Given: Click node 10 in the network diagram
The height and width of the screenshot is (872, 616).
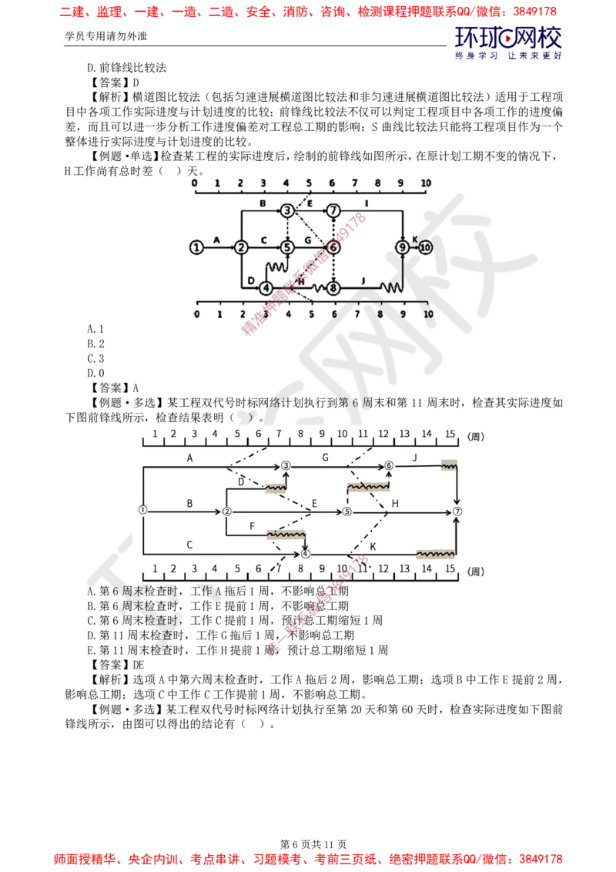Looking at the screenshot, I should [426, 247].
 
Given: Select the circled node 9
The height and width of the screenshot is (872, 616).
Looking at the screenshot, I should [402, 247].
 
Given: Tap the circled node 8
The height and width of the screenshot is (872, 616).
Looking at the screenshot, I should [333, 288].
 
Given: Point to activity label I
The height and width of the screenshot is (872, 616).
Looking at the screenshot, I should [367, 203].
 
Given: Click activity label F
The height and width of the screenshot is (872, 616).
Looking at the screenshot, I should [252, 526].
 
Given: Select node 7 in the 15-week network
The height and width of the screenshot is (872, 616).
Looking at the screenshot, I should [457, 511].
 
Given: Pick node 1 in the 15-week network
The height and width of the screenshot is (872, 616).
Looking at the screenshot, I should [142, 510].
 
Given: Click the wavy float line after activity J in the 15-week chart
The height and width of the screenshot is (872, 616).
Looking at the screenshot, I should [449, 465].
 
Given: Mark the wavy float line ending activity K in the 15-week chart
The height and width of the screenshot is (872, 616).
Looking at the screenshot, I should [436, 554].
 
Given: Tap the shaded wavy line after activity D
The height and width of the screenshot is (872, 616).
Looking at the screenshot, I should [275, 488].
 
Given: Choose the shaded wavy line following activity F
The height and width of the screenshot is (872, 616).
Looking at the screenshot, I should [286, 534].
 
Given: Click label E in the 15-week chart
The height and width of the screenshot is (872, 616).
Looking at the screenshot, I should [314, 505].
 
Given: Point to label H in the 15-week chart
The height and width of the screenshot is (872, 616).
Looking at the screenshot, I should [395, 503].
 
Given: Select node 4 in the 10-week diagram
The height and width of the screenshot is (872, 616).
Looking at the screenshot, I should [266, 288].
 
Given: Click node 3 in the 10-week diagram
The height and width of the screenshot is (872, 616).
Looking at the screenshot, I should [287, 210].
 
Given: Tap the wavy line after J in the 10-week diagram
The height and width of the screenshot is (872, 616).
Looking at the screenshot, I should [393, 288].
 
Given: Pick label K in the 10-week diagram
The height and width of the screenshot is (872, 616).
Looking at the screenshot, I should [414, 240].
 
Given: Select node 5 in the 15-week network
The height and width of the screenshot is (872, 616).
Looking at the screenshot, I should [346, 511].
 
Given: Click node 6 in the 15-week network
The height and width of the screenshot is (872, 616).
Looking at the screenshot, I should [389, 465].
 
